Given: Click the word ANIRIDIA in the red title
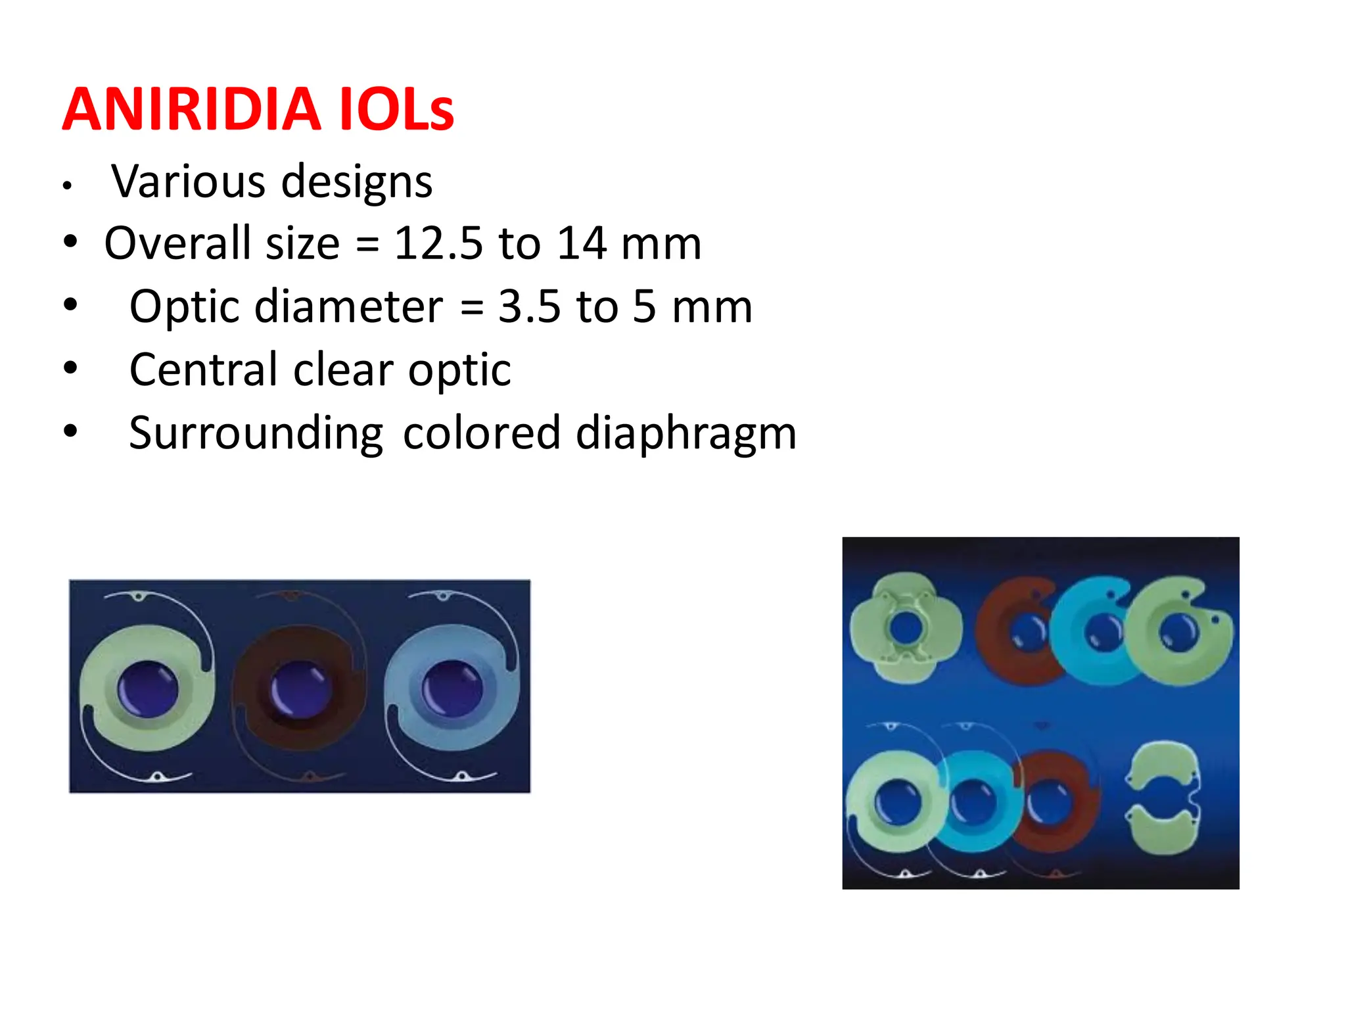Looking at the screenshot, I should click(x=191, y=109).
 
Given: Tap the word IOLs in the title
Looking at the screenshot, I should click(x=396, y=109).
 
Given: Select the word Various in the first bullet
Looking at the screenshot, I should click(x=188, y=181).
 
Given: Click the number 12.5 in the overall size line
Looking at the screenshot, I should click(x=438, y=243).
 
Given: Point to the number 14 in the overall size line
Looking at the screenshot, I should click(x=581, y=243).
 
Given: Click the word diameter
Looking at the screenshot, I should click(x=348, y=306).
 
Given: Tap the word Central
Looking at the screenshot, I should click(x=203, y=370).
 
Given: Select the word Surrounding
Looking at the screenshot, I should click(x=256, y=434).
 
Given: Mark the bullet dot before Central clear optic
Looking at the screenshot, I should click(x=70, y=367).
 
